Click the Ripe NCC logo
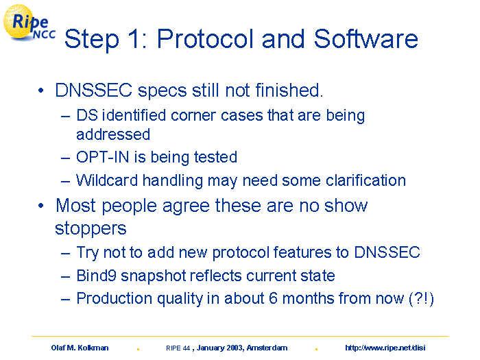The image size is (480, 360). point(29,23)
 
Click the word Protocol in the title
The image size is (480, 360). point(206,39)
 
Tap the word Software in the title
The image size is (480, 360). point(365,39)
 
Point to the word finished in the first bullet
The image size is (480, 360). point(289,91)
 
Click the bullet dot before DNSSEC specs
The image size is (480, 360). point(40,91)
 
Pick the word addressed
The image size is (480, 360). point(113,134)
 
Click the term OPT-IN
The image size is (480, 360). point(103,157)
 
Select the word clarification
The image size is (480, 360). point(365,180)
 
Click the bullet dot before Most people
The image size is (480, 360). point(40,206)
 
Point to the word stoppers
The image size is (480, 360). point(91,229)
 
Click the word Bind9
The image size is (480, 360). point(97,275)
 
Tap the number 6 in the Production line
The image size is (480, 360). point(273,298)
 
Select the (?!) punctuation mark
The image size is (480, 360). point(422,298)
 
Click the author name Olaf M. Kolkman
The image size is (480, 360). point(80,348)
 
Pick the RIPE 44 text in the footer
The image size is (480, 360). point(178,348)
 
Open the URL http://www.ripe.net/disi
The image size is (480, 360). point(385,348)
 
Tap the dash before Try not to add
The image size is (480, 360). point(66,254)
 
